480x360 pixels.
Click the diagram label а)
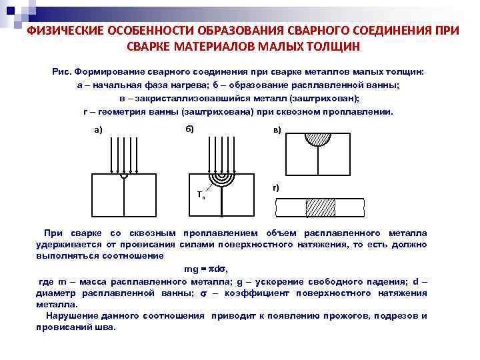[x=98, y=130]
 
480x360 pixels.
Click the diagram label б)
[x=189, y=128]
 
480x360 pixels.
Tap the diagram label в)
[x=277, y=129]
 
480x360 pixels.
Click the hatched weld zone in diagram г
[x=320, y=207]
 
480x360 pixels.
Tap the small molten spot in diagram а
[x=124, y=177]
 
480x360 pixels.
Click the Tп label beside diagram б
[x=201, y=195]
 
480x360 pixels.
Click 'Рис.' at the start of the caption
[x=61, y=71]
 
